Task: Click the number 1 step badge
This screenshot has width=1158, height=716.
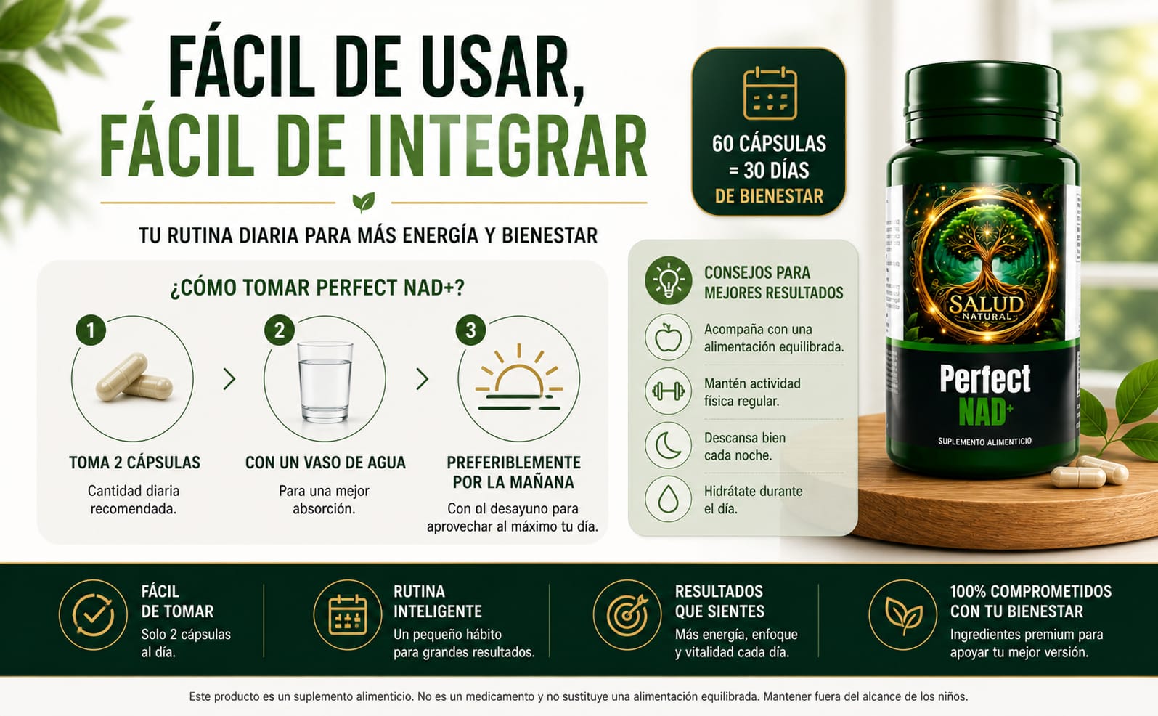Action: point(91,330)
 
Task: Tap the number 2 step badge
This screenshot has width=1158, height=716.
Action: point(280,330)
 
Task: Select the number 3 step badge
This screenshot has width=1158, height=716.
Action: point(470,330)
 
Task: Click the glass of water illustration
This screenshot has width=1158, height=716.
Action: point(325,381)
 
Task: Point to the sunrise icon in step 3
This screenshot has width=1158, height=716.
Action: point(518,378)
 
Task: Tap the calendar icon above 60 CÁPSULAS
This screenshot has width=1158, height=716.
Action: point(770,93)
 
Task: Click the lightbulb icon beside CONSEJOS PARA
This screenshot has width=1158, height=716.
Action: point(668,280)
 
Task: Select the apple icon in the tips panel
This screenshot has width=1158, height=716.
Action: point(668,337)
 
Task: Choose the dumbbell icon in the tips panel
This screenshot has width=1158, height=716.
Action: point(668,391)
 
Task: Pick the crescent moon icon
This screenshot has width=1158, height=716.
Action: point(667,445)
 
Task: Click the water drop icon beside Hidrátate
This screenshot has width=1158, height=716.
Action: point(668,500)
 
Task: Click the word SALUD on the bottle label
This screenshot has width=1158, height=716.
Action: point(986,304)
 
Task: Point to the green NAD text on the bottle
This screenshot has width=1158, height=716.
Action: point(982,412)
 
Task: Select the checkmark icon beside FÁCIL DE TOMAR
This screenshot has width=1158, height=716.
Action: point(93,614)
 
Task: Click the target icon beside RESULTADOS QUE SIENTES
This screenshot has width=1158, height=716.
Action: point(627,614)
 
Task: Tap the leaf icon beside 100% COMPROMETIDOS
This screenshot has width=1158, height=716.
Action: point(902,614)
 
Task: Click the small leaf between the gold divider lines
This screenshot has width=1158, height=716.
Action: point(364,202)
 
